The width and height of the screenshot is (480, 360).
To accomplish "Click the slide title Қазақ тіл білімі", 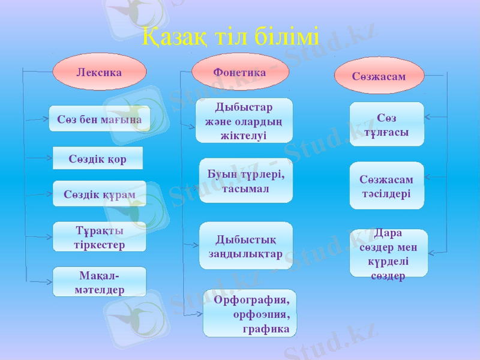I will (231, 38).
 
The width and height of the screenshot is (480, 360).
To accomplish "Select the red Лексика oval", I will (100, 72).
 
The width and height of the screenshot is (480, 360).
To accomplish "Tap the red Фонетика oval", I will (240, 72).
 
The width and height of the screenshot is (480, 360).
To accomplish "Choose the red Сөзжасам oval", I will (379, 76).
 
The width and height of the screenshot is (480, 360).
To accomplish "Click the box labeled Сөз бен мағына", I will (100, 119).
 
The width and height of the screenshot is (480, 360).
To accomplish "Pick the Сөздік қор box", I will (98, 158).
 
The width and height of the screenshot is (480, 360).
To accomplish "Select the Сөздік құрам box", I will (100, 194).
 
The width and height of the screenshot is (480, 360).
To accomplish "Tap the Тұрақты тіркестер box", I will (100, 237).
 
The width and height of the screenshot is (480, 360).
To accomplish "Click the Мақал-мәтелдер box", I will (100, 282).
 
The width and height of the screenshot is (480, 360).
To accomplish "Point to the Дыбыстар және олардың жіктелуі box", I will (244, 121).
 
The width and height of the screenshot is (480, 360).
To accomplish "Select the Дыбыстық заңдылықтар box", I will (246, 246).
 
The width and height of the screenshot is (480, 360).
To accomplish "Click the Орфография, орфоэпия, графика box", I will (250, 313).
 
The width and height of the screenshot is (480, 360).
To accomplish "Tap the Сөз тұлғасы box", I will (387, 124).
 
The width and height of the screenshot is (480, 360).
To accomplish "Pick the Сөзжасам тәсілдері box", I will (387, 186).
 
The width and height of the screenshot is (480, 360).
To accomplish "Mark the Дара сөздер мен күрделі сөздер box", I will (389, 254).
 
